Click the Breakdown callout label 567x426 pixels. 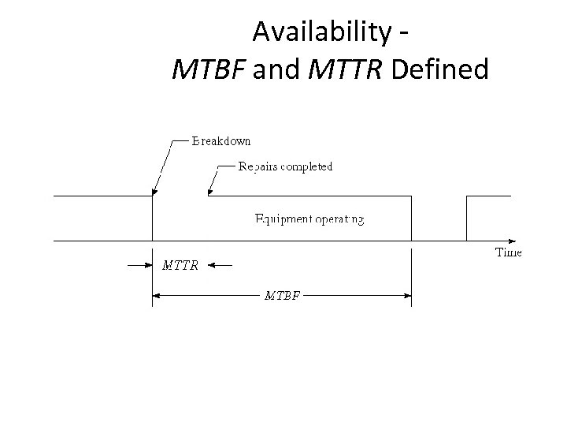pyautogui.click(x=221, y=141)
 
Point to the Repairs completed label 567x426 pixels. pyautogui.click(x=285, y=166)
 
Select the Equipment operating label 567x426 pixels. pyautogui.click(x=309, y=219)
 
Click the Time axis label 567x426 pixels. pyautogui.click(x=508, y=252)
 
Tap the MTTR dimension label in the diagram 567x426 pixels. pyautogui.click(x=180, y=265)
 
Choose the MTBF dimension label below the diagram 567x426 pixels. pyautogui.click(x=281, y=296)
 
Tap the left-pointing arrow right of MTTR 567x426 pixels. pyautogui.click(x=216, y=266)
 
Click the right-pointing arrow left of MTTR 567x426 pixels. pyautogui.click(x=146, y=266)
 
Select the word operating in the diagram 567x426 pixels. pyautogui.click(x=339, y=219)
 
